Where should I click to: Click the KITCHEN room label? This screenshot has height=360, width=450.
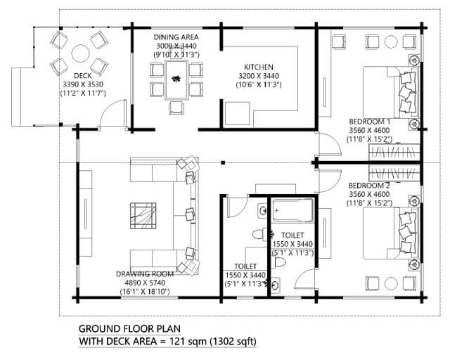[x=259, y=67]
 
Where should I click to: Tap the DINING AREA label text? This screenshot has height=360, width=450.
[x=176, y=37]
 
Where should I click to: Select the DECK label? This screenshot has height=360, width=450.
[x=83, y=76]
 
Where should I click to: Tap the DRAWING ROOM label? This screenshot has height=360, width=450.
[x=145, y=274]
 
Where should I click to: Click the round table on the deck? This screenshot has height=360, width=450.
[x=81, y=53]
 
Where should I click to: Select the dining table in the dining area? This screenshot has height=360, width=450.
[x=176, y=79]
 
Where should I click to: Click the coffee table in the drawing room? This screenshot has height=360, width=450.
[x=143, y=216]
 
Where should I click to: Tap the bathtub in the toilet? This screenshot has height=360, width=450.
[x=292, y=210]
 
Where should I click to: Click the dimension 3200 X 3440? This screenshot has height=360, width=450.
[x=259, y=76]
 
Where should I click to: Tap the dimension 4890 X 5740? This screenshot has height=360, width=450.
[x=145, y=283]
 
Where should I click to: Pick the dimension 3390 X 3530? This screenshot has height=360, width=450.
[x=83, y=84]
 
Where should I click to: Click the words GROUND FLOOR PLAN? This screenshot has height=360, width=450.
[x=129, y=328]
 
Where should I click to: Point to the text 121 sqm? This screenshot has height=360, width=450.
[x=188, y=342]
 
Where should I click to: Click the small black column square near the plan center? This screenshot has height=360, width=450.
[x=223, y=163]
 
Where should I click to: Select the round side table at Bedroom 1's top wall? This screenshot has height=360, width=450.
[x=391, y=42]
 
